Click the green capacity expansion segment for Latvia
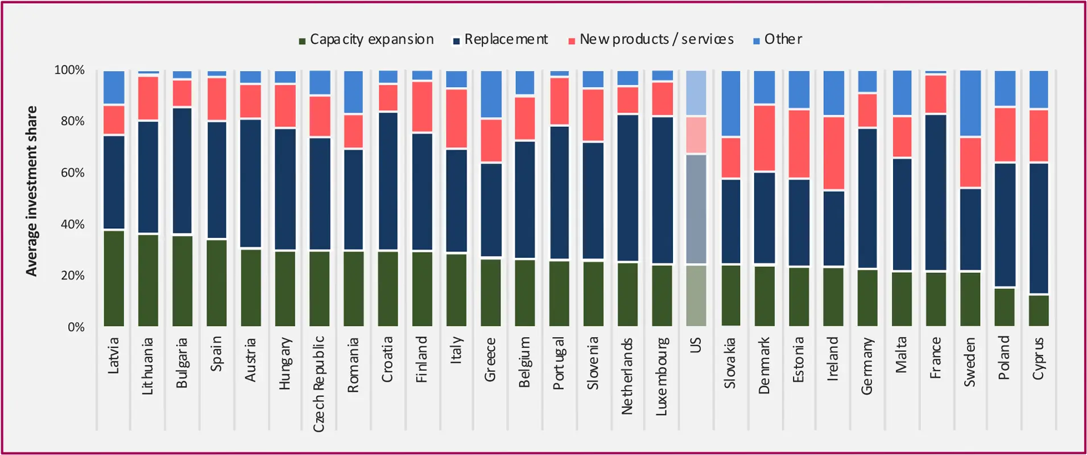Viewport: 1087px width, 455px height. pyautogui.click(x=114, y=278)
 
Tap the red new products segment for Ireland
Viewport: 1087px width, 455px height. pyautogui.click(x=833, y=154)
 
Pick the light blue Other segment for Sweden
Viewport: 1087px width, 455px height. pyautogui.click(x=970, y=104)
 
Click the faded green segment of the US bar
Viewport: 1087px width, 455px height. pyautogui.click(x=696, y=295)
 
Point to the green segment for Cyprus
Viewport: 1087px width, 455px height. pyautogui.click(x=1039, y=311)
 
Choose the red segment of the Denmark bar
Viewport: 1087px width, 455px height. pyautogui.click(x=764, y=138)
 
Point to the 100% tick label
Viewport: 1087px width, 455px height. pyautogui.click(x=69, y=70)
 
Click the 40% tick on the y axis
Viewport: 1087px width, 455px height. pyautogui.click(x=72, y=224)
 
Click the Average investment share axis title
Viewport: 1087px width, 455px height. pyautogui.click(x=31, y=191)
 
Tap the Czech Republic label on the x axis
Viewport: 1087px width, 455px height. pyautogui.click(x=319, y=383)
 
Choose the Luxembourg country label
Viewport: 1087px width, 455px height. pyautogui.click(x=662, y=377)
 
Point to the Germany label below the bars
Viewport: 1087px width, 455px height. pyautogui.click(x=867, y=366)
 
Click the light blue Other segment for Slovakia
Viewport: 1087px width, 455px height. pyautogui.click(x=730, y=104)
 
